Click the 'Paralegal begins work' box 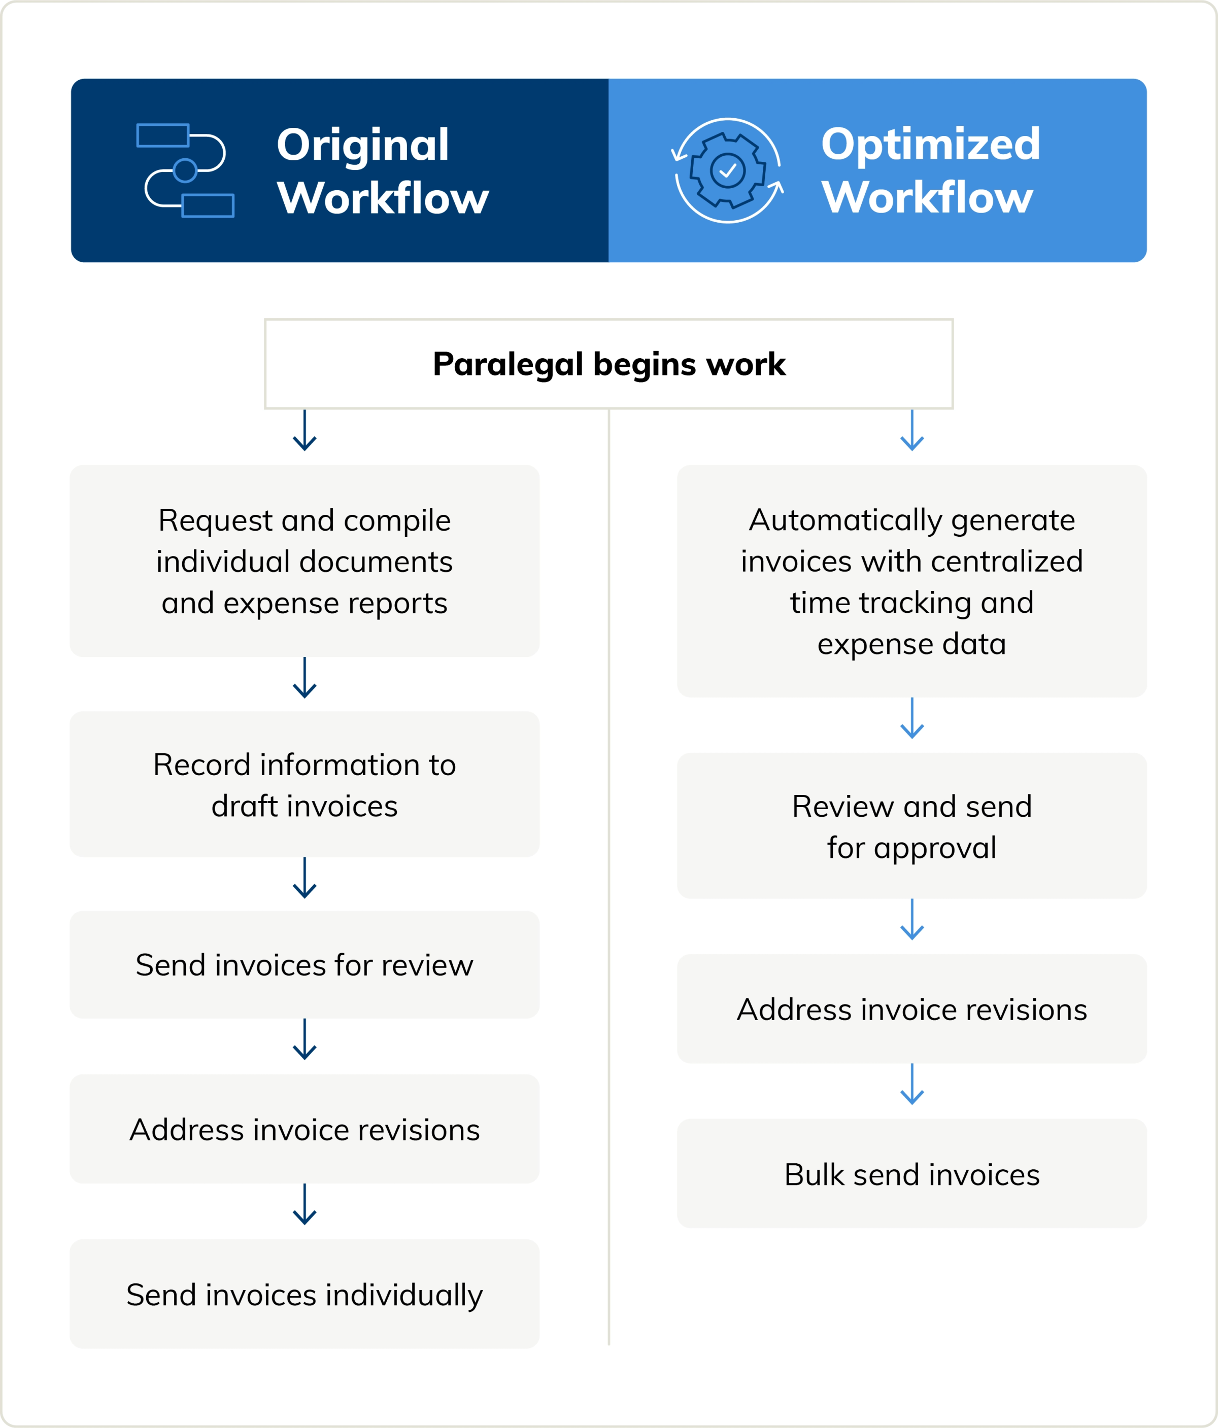click(608, 364)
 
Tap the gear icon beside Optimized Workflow click(728, 170)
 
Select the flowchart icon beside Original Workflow click(185, 170)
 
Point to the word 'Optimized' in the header click(931, 144)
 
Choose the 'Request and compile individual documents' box click(304, 561)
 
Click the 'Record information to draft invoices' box click(304, 784)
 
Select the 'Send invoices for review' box click(304, 965)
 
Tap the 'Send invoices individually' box click(304, 1294)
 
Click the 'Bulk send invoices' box click(912, 1174)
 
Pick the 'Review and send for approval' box click(912, 826)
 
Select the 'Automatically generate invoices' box click(912, 581)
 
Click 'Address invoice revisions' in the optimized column click(912, 1009)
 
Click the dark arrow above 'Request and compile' click(304, 431)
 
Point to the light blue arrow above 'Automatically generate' click(912, 431)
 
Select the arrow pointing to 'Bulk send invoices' click(912, 1084)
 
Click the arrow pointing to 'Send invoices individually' click(304, 1205)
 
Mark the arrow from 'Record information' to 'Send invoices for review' click(304, 878)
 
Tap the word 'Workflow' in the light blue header click(927, 198)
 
